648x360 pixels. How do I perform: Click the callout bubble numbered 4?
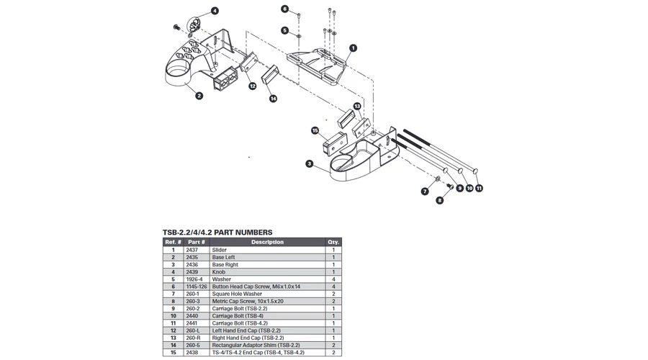(215, 12)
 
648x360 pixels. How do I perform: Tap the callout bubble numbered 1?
(353, 48)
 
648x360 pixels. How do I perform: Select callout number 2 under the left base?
(199, 95)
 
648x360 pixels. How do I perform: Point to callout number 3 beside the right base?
(309, 164)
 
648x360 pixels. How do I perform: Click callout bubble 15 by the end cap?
(315, 131)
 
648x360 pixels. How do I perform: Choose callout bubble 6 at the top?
(285, 9)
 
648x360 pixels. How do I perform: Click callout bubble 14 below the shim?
(273, 99)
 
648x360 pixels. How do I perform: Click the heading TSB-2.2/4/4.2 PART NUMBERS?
(217, 232)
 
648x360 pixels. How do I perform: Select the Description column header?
(267, 242)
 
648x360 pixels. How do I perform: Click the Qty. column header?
(333, 242)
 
